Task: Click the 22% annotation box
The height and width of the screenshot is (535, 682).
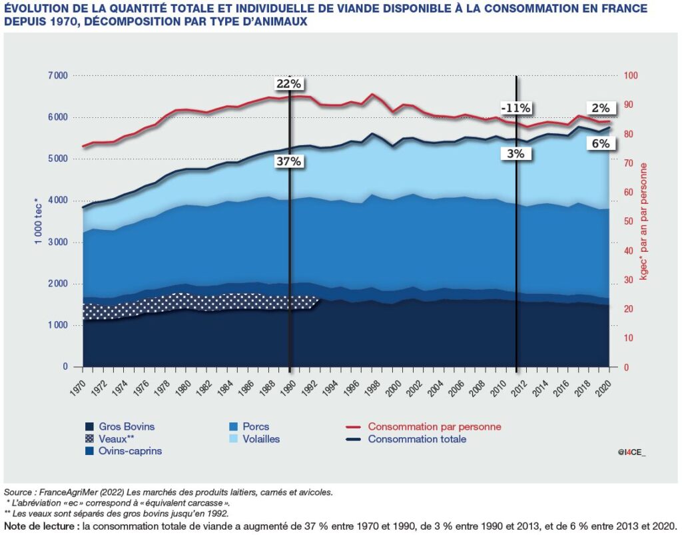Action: point(290,84)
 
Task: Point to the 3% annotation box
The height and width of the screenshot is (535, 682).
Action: point(515,153)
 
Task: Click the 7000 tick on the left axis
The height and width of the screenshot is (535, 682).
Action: point(58,76)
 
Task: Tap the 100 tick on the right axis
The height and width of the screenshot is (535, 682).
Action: point(631,76)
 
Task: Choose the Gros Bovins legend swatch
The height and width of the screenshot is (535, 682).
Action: point(89,426)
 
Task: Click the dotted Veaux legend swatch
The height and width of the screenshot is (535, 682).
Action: point(89,439)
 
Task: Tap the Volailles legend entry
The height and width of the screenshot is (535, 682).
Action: point(261,439)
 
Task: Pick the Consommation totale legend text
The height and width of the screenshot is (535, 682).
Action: point(417,439)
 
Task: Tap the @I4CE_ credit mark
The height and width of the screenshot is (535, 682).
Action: point(631,452)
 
